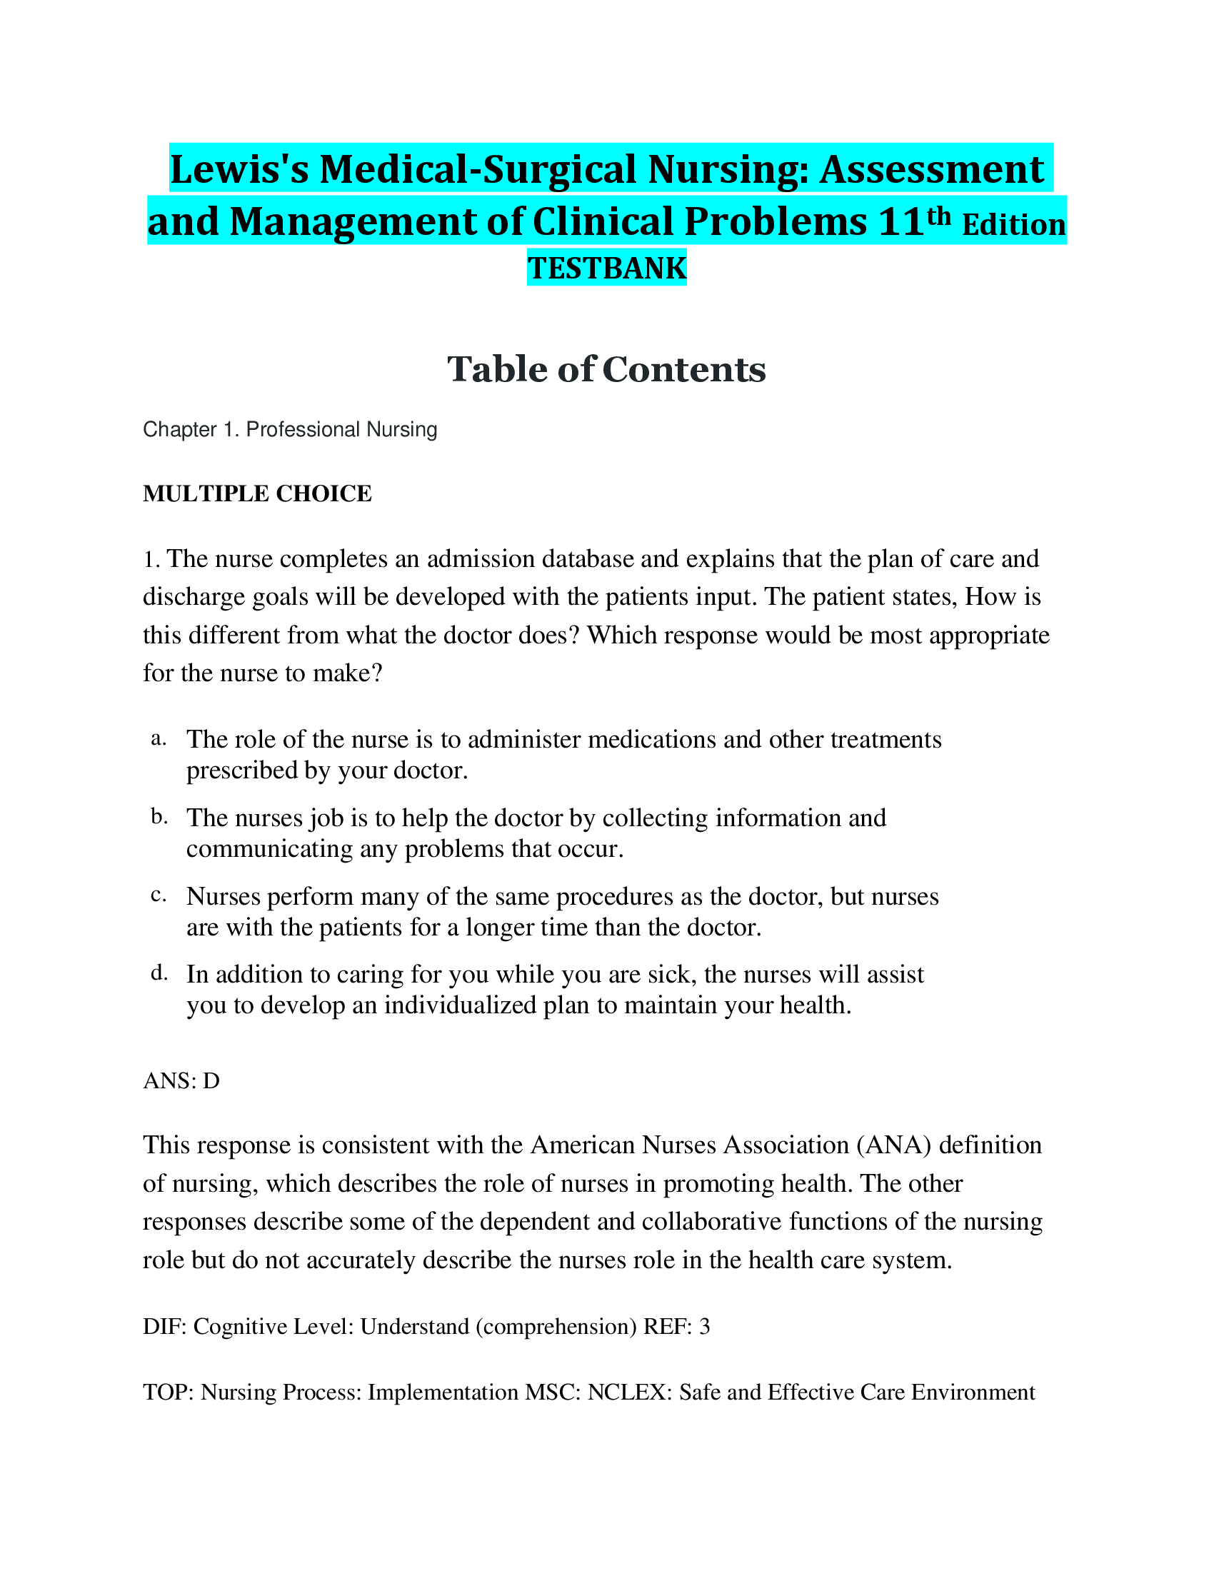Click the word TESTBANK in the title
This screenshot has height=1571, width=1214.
click(x=606, y=268)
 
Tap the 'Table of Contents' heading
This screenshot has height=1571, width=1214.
click(x=606, y=369)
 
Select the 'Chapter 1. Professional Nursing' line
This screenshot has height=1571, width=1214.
click(x=290, y=429)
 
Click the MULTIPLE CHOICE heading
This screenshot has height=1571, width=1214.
click(x=258, y=493)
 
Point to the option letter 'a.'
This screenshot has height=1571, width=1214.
click(x=159, y=739)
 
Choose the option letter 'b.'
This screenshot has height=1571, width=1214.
click(x=159, y=816)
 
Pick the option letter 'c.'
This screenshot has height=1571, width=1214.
click(x=159, y=895)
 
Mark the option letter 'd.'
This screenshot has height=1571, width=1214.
click(x=159, y=973)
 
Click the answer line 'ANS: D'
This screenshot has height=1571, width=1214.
click(x=181, y=1080)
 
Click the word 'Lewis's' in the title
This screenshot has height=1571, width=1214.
click(x=239, y=170)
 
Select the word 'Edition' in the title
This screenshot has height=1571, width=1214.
click(x=1013, y=225)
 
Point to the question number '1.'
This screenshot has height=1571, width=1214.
click(x=151, y=560)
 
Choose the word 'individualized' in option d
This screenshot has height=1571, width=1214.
click(x=460, y=1005)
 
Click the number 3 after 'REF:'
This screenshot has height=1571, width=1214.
click(x=704, y=1326)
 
